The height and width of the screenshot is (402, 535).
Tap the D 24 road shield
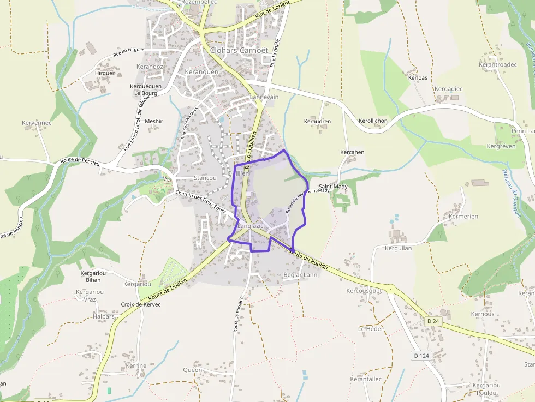coord(433,321)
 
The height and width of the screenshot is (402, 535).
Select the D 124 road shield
coord(420,356)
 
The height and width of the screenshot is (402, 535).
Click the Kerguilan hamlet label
coord(398,248)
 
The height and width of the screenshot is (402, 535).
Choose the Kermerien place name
coord(463,217)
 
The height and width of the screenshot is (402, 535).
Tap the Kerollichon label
coord(373,121)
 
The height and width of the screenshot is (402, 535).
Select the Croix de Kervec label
coord(141,304)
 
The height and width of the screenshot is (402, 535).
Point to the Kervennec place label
coord(37,123)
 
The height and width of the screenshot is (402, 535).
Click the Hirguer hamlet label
coord(105,73)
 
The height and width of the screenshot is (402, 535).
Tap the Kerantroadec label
coord(497,64)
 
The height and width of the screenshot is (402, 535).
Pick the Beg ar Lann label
coord(300,275)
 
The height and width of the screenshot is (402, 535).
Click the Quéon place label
coord(192,370)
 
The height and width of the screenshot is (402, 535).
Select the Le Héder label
coord(371,329)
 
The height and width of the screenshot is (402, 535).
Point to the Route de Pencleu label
coord(80,162)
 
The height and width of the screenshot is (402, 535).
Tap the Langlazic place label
coord(251,226)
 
